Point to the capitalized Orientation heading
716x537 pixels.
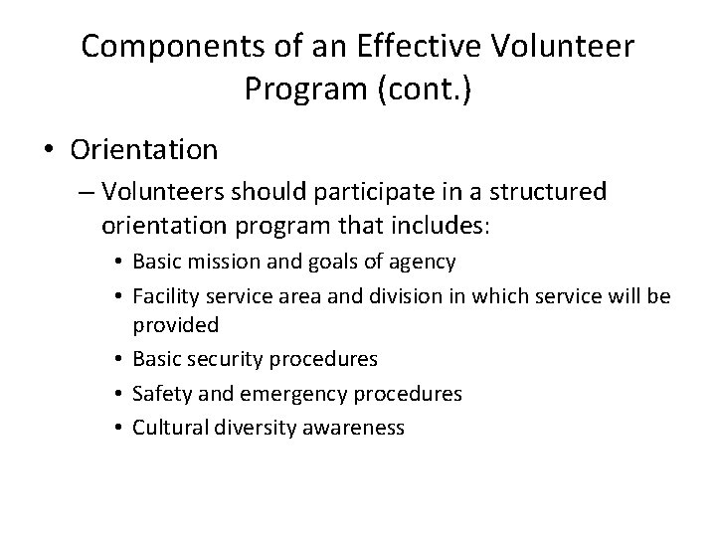144,150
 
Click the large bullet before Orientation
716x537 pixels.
49,151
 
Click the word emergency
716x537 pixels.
283,394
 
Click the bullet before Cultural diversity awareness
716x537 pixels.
118,429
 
